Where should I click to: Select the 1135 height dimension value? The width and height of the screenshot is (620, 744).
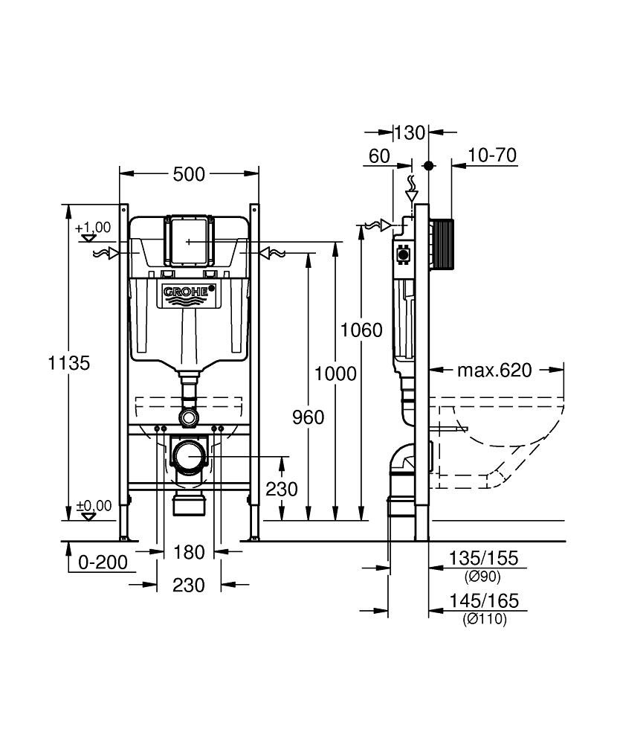[x=68, y=363]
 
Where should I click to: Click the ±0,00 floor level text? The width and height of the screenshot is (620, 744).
[x=94, y=506]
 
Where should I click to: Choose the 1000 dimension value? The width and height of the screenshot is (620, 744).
[x=335, y=374]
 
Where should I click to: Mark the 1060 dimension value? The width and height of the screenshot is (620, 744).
[x=361, y=330]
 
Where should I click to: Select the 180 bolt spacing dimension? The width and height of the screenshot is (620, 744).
[x=189, y=552]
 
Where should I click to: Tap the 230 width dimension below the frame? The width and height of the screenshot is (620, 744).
[x=188, y=586]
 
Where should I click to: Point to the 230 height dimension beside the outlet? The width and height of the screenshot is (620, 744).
[x=281, y=489]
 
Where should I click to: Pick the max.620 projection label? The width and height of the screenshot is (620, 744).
[x=494, y=370]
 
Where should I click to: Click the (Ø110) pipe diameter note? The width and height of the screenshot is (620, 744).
[x=484, y=619]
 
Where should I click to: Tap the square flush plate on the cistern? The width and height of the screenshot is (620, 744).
[x=189, y=240]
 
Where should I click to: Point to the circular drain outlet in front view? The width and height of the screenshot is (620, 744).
[x=190, y=455]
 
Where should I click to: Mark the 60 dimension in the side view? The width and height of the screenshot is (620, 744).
[x=379, y=155]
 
